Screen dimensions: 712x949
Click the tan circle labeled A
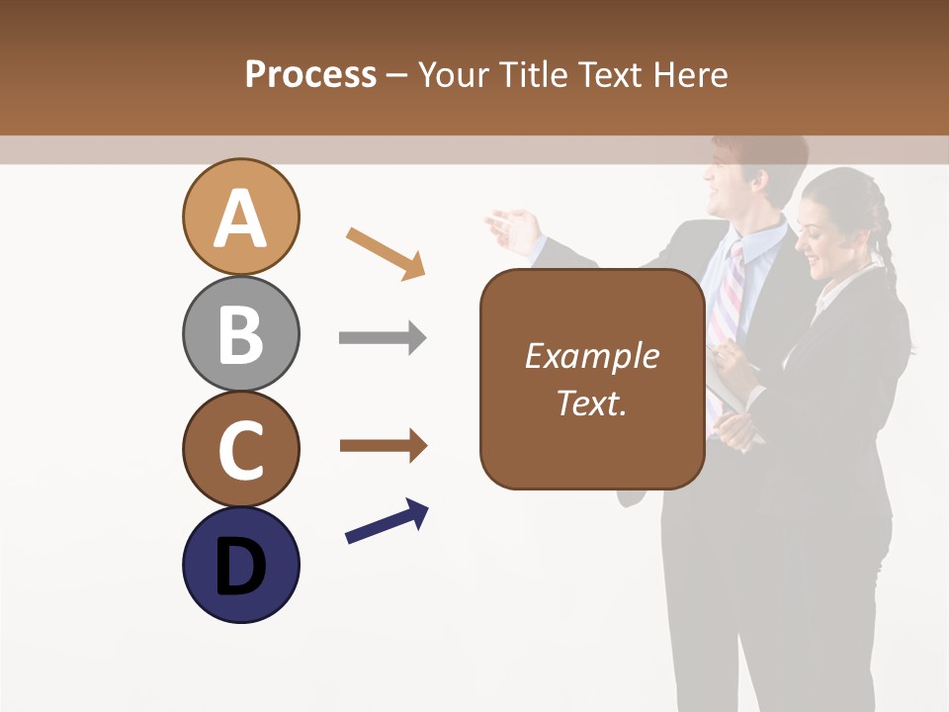pyautogui.click(x=240, y=217)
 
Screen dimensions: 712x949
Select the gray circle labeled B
pyautogui.click(x=240, y=334)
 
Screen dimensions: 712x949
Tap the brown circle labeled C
pyautogui.click(x=240, y=450)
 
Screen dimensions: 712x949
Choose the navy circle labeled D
pyautogui.click(x=240, y=566)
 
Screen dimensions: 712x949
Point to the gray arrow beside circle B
pyautogui.click(x=383, y=338)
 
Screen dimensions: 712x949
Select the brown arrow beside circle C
pyautogui.click(x=383, y=446)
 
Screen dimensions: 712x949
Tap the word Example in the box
pyautogui.click(x=591, y=356)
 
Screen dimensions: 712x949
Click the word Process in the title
pyautogui.click(x=310, y=74)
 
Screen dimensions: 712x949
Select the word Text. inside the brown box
pyautogui.click(x=591, y=402)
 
